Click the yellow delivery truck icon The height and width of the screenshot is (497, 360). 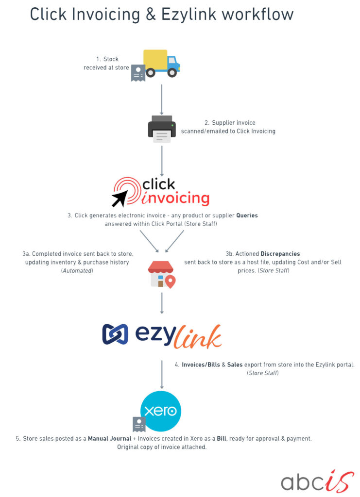click(x=162, y=64)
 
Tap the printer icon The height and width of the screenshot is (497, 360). click(x=162, y=129)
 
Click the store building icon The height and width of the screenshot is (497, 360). click(x=162, y=275)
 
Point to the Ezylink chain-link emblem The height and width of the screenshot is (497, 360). click(x=115, y=334)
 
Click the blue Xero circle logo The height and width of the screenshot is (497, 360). click(x=161, y=411)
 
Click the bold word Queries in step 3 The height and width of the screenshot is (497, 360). click(x=247, y=215)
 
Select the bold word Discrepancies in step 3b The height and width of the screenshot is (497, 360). click(x=280, y=253)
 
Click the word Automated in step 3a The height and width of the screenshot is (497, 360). click(x=77, y=271)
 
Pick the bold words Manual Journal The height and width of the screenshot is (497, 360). click(x=109, y=439)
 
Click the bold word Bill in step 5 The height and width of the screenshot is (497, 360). click(x=222, y=439)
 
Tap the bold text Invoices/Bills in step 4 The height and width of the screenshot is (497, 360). click(x=201, y=365)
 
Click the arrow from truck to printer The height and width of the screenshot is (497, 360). click(x=162, y=99)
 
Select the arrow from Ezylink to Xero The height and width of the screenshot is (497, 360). click(x=162, y=375)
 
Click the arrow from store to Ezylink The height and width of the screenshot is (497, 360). click(x=162, y=303)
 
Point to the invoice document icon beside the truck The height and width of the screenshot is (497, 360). click(x=138, y=73)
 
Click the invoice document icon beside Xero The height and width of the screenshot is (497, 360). click(x=139, y=424)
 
